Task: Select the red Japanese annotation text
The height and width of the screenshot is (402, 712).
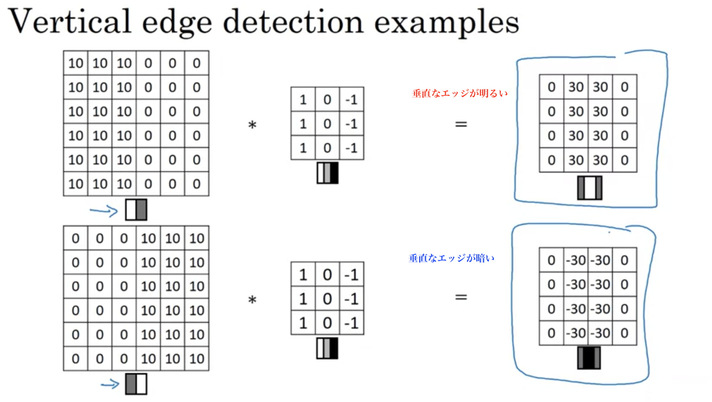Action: pos(460,93)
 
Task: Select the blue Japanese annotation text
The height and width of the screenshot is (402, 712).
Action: pos(451,258)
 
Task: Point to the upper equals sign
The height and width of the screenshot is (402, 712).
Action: pos(461,124)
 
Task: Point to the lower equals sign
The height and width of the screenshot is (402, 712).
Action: pos(461,297)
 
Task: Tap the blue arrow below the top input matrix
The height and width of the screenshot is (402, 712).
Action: pos(104,211)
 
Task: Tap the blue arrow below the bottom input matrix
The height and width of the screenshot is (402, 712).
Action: pos(110,384)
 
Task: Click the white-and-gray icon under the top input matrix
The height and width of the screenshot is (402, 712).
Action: pos(136,210)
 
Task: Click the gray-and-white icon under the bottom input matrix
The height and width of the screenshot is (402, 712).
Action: pos(136,384)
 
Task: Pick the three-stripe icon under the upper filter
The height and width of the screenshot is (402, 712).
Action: pos(328,173)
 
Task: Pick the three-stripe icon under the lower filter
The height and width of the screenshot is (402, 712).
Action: pos(327,348)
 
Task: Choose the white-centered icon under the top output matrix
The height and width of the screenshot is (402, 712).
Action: pos(590,188)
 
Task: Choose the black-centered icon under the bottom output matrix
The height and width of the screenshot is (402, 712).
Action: pos(589,358)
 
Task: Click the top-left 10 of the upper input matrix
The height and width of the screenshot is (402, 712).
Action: pos(76,63)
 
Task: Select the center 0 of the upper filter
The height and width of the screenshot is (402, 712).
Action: pos(327,124)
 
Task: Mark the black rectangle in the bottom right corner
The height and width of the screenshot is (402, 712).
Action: pos(681,393)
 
